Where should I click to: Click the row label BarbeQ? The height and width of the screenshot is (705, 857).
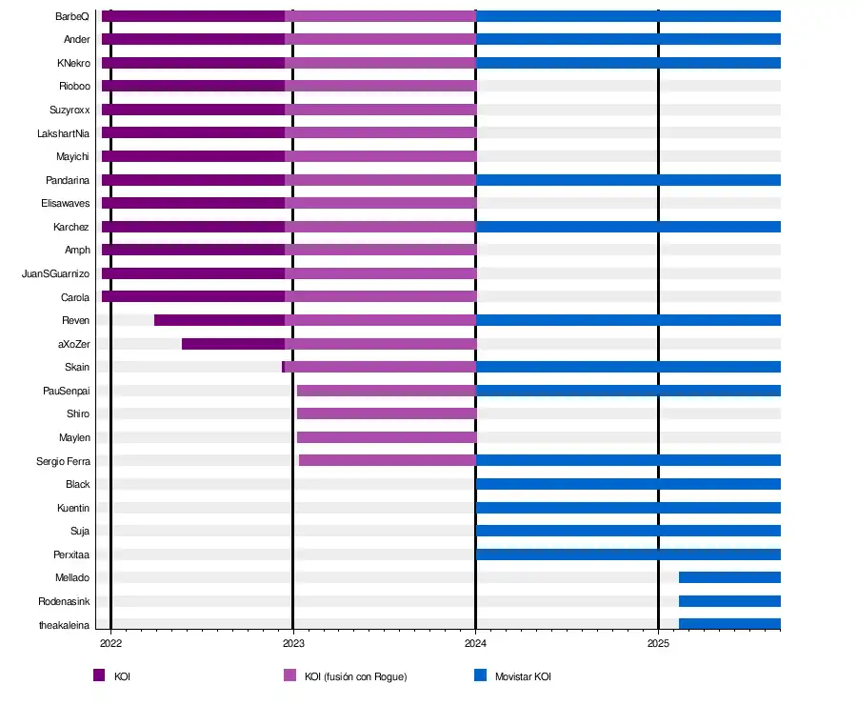click(x=72, y=16)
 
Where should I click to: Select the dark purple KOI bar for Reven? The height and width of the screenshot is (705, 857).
click(x=219, y=320)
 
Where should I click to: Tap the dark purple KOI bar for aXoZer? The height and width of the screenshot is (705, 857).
click(x=233, y=344)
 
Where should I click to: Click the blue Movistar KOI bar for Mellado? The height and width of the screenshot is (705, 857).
click(x=729, y=577)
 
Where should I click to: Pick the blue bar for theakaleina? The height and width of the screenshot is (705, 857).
click(x=729, y=624)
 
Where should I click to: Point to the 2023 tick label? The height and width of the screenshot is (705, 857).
click(x=292, y=644)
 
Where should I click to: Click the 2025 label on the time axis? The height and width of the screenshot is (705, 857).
click(x=658, y=644)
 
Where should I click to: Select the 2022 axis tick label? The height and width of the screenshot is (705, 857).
click(x=110, y=644)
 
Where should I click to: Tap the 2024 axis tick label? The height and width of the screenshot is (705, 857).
click(x=475, y=644)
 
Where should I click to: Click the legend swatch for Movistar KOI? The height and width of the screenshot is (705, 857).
click(x=481, y=675)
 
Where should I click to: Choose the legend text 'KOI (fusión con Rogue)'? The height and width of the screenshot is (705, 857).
click(x=355, y=676)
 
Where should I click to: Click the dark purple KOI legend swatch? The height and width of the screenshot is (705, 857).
click(x=99, y=675)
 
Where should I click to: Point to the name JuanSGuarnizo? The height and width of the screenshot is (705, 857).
click(x=55, y=273)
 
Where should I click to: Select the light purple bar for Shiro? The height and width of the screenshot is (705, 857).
click(x=386, y=413)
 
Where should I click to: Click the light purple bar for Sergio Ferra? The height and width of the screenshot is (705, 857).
click(x=387, y=460)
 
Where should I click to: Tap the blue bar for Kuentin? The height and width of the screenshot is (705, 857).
click(x=628, y=508)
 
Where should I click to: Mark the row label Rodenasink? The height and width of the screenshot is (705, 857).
click(x=64, y=601)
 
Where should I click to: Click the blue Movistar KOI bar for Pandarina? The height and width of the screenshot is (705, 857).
click(x=628, y=180)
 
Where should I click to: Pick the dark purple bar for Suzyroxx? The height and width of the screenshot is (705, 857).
click(x=193, y=110)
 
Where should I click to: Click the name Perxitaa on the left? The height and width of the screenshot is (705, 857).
click(x=71, y=554)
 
